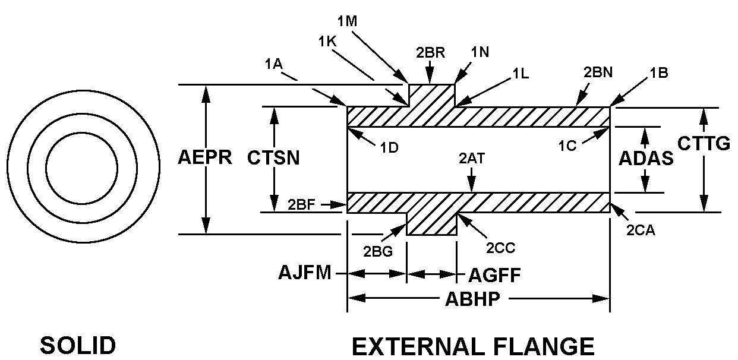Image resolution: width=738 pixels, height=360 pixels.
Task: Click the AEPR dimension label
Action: (204, 158)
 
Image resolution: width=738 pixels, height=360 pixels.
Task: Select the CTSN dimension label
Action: (273, 158)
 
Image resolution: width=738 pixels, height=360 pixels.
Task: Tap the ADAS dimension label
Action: (646, 159)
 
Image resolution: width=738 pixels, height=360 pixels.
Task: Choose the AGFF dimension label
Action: (494, 275)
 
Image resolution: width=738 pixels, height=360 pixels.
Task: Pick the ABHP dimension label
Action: (473, 299)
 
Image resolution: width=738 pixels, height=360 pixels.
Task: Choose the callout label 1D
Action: (389, 147)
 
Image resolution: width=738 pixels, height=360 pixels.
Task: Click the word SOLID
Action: (78, 346)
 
